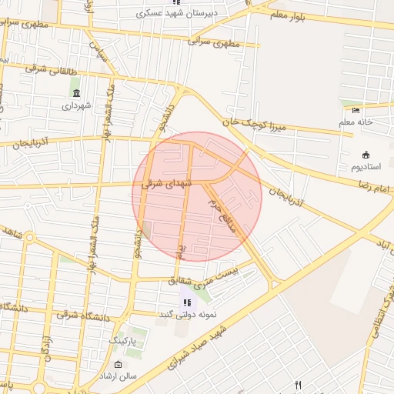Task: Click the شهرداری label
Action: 78,105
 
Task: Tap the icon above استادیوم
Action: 365,154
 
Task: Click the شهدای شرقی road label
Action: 164,184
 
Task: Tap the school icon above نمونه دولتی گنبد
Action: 188,302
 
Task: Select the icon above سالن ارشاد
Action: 118,364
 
